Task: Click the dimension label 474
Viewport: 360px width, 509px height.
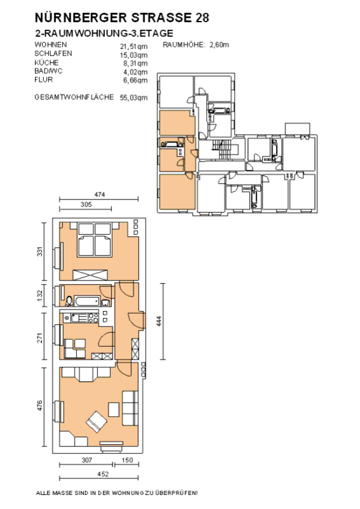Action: point(99,195)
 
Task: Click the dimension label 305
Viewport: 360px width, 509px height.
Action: point(86,204)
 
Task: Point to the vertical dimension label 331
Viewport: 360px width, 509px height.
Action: point(39,251)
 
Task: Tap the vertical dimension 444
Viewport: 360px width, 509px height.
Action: point(159,321)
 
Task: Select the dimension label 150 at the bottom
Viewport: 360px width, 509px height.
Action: point(127,459)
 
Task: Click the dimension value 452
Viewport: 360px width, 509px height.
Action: point(103,474)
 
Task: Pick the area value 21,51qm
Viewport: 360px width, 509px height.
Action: point(134,46)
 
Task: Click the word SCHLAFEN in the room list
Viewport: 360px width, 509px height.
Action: point(53,53)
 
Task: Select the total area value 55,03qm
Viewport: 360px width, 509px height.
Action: point(134,98)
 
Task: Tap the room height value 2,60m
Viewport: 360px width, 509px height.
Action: point(219,45)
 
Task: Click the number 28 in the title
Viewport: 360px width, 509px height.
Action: point(202,18)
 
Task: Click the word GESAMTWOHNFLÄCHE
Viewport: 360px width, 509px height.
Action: point(74,97)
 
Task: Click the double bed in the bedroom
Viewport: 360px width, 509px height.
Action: point(95,240)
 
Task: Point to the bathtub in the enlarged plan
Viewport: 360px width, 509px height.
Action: point(87,301)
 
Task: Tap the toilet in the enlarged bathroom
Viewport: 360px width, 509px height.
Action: point(69,301)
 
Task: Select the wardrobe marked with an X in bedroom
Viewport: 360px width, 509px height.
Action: point(90,275)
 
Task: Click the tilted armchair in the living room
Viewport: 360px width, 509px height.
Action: point(97,422)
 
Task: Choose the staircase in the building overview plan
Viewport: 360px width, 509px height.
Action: point(223,150)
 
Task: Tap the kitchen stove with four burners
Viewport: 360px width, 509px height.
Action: point(93,317)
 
